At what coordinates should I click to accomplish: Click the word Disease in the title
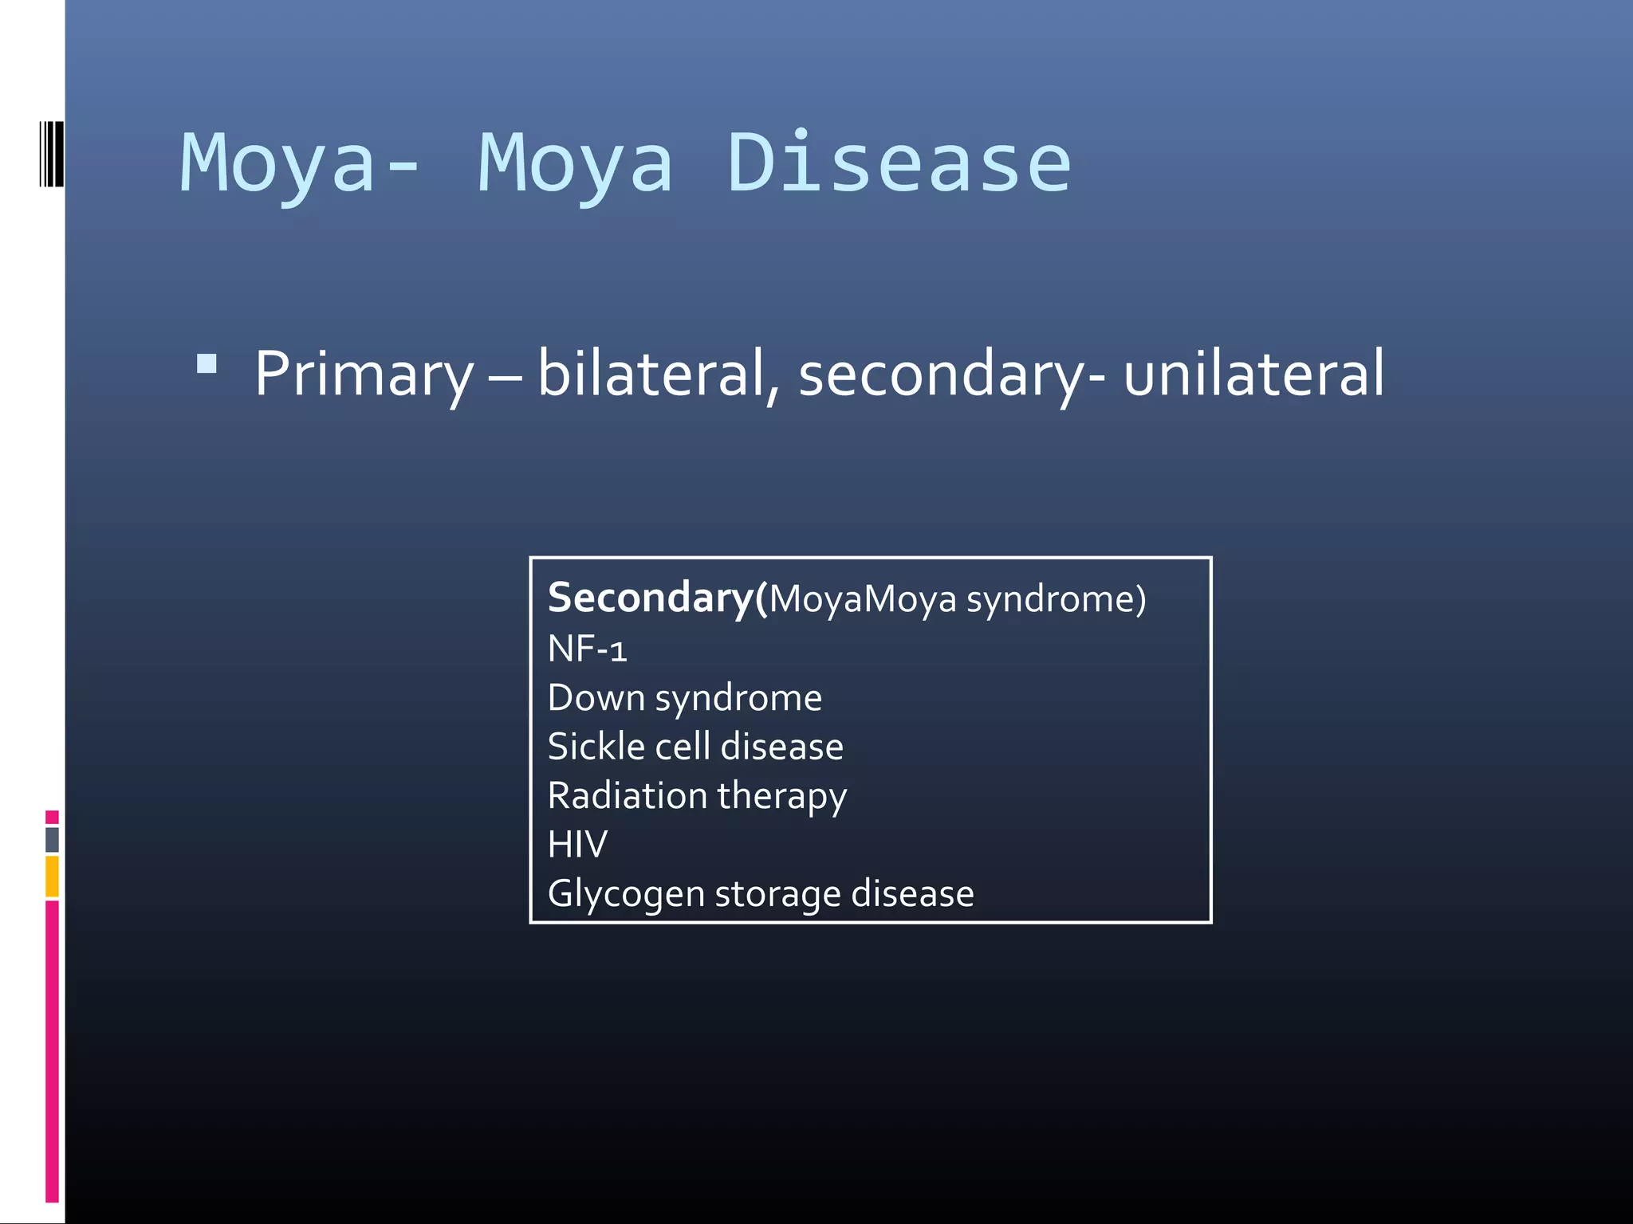(x=899, y=164)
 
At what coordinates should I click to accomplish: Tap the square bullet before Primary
(x=207, y=364)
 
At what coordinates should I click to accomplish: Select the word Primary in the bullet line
(x=364, y=375)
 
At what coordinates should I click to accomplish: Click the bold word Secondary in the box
(x=650, y=598)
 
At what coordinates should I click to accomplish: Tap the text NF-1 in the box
(x=587, y=649)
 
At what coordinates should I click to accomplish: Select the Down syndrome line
(x=684, y=698)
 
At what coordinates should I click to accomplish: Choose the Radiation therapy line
(x=697, y=796)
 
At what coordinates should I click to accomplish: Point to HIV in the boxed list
(x=577, y=845)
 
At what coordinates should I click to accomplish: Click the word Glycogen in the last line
(x=626, y=894)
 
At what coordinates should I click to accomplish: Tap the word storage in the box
(x=777, y=894)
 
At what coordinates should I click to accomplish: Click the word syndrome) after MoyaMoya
(x=1056, y=599)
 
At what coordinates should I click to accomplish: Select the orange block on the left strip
(x=52, y=877)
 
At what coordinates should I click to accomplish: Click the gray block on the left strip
(x=52, y=839)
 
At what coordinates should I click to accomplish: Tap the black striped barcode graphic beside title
(x=51, y=154)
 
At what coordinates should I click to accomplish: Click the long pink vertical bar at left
(x=52, y=1050)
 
